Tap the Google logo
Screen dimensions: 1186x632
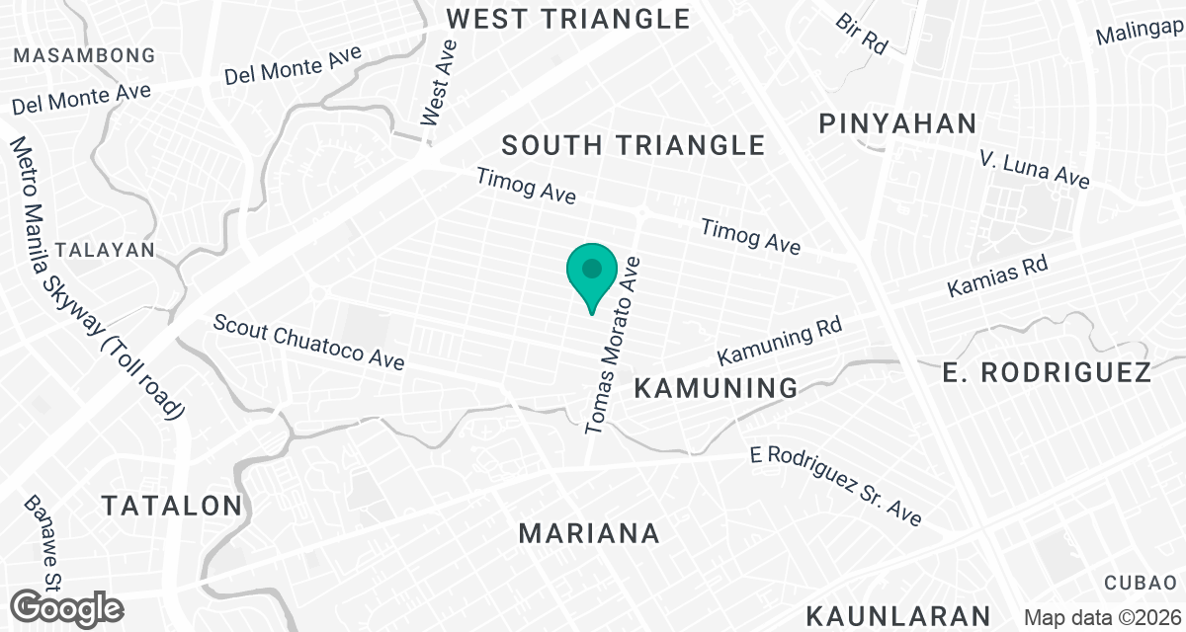pos(68,607)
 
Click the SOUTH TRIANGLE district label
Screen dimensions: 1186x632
pos(633,146)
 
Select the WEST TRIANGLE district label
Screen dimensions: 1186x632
pos(567,19)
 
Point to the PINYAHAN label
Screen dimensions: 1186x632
pos(897,124)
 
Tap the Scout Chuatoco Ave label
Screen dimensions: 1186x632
pos(308,343)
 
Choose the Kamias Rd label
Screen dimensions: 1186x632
pos(996,276)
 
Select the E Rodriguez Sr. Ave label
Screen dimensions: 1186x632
pos(835,486)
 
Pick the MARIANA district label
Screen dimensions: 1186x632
pos(589,534)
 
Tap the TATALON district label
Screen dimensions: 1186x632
pos(172,507)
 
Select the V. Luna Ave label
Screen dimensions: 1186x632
pos(1034,170)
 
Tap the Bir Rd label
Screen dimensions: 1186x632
pos(861,34)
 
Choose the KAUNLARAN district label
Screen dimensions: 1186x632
pos(897,615)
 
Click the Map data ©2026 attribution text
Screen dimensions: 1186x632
pos(1102,617)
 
